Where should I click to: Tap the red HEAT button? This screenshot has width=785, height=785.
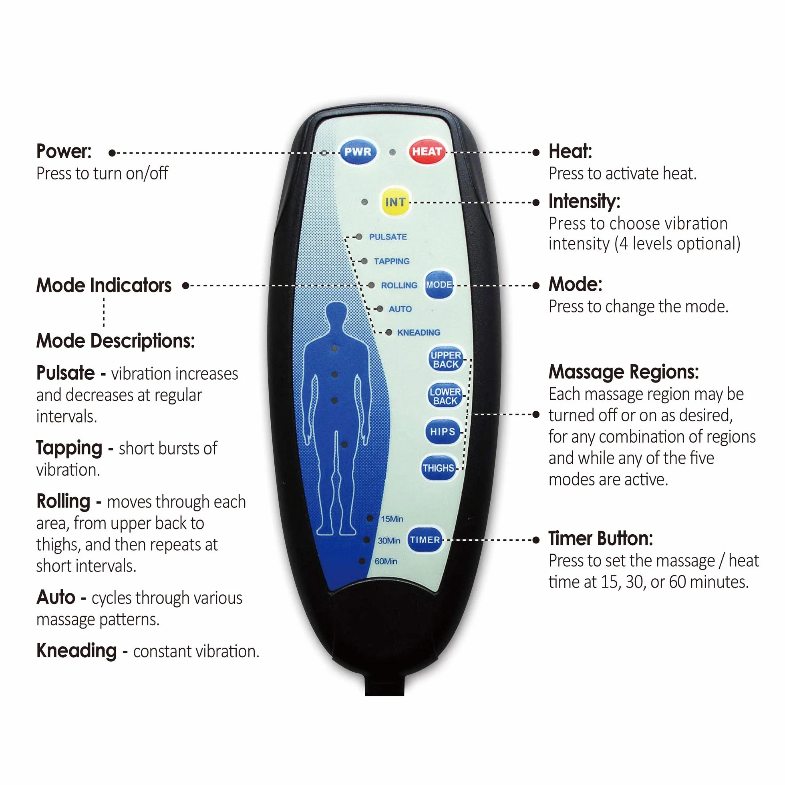427,152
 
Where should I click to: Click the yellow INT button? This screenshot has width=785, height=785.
395,202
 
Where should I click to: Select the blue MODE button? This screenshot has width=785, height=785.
439,284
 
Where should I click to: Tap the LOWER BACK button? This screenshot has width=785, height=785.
445,396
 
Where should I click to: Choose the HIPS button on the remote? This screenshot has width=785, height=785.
443,431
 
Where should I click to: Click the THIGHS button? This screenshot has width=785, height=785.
438,468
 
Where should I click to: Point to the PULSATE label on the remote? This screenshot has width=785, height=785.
388,237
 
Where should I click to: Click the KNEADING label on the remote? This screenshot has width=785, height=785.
419,332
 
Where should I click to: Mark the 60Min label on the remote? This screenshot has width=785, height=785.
386,561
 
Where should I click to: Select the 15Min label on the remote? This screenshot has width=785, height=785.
392,519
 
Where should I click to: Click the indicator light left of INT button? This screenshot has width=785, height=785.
364,202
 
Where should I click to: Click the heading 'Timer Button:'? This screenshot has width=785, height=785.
600,539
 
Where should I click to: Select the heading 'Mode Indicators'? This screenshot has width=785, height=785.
104,285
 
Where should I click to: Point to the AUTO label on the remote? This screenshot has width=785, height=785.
400,309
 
